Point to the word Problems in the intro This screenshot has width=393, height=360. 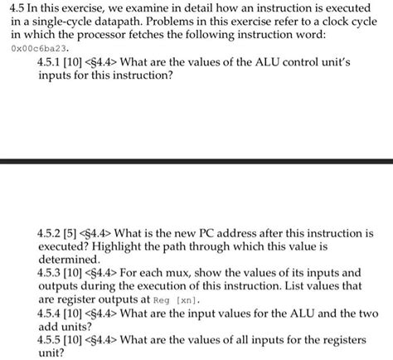(177, 23)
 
